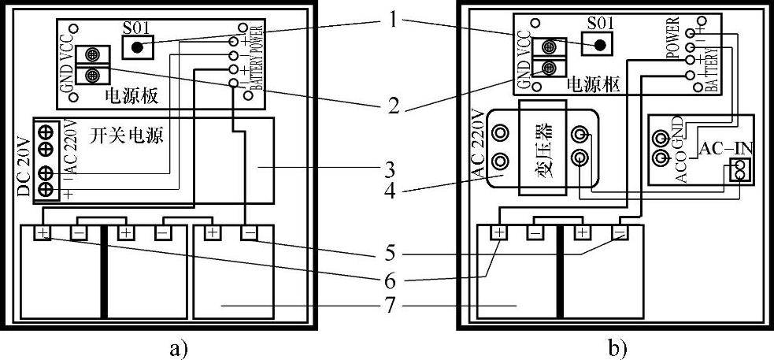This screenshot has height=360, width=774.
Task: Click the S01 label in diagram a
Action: click(x=136, y=26)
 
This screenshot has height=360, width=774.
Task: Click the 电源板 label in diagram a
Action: click(x=131, y=96)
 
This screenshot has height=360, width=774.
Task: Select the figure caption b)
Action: click(x=617, y=347)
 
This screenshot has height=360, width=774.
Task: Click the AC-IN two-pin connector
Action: click(x=739, y=169)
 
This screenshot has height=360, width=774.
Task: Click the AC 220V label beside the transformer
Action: click(x=478, y=144)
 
